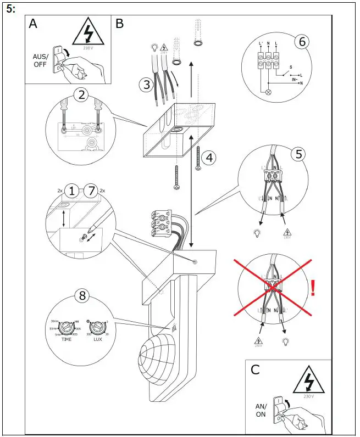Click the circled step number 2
[81, 94]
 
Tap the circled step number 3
[146, 85]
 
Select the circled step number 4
[208, 158]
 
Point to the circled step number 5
[298, 154]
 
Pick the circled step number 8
[82, 296]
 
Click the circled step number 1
[71, 192]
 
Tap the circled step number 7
[91, 192]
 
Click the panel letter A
[34, 24]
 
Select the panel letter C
[255, 369]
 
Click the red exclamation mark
[313, 287]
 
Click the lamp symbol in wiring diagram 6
[269, 92]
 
